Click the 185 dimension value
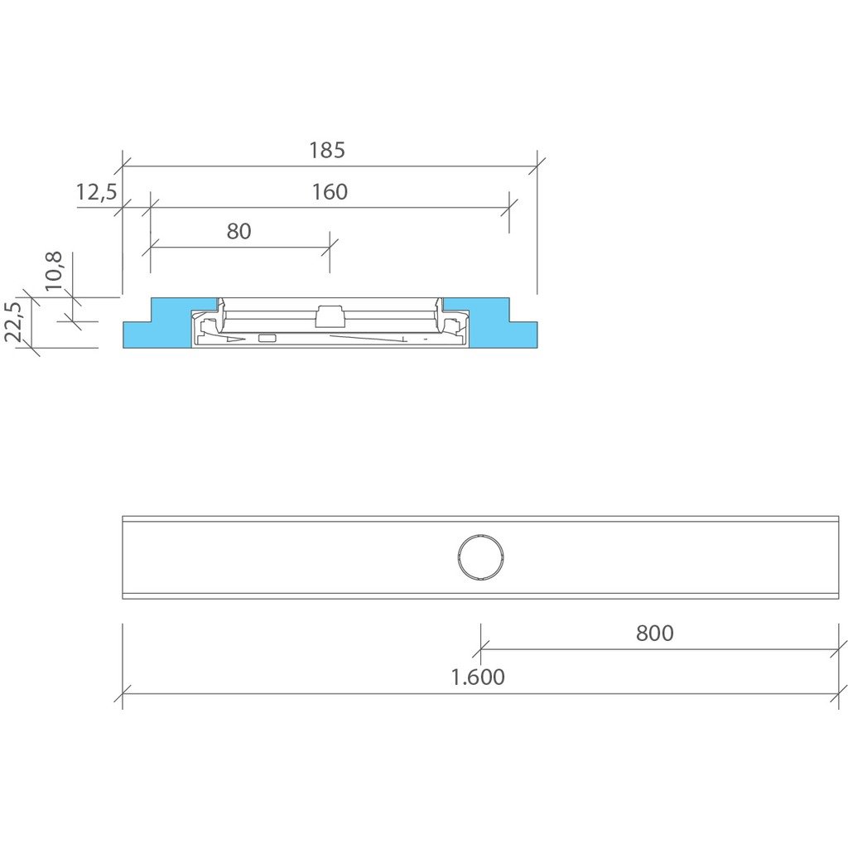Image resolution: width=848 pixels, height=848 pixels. (326, 151)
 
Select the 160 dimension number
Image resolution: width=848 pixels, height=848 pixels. (330, 192)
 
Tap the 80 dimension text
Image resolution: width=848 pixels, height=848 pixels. (238, 232)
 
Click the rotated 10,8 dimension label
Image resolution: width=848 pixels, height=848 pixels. (54, 270)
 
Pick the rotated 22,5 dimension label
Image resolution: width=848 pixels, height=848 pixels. (13, 322)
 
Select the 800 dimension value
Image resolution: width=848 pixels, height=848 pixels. (654, 634)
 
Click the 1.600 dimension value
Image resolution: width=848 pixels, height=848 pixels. (477, 677)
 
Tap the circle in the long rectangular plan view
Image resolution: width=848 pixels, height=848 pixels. (480, 557)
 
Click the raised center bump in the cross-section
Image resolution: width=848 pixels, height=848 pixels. (330, 316)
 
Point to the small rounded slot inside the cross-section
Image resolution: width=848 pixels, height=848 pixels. (267, 338)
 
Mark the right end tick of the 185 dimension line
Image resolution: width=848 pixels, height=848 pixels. (537, 166)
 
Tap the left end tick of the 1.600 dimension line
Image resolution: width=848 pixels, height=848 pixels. (123, 694)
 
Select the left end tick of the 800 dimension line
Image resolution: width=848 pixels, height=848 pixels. (481, 649)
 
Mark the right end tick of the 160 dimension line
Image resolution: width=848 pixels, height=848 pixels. (508, 207)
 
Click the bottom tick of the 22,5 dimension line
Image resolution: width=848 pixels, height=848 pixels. (31, 348)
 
